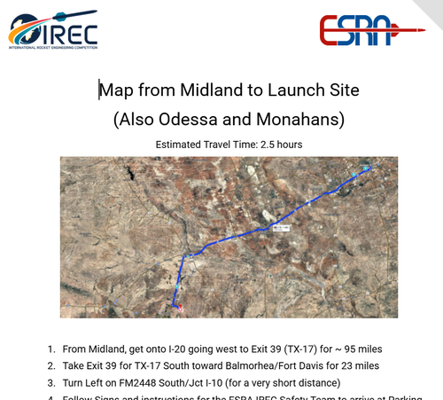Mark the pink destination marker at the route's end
click(x=179, y=308)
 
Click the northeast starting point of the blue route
click(x=366, y=167)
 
